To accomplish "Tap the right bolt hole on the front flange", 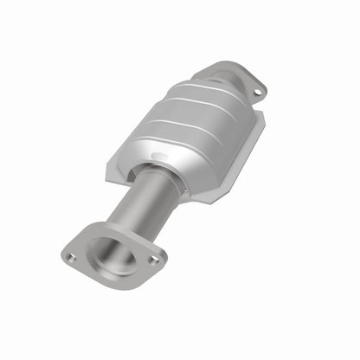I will pos(154,259).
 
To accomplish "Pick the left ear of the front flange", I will pos(69,252).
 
